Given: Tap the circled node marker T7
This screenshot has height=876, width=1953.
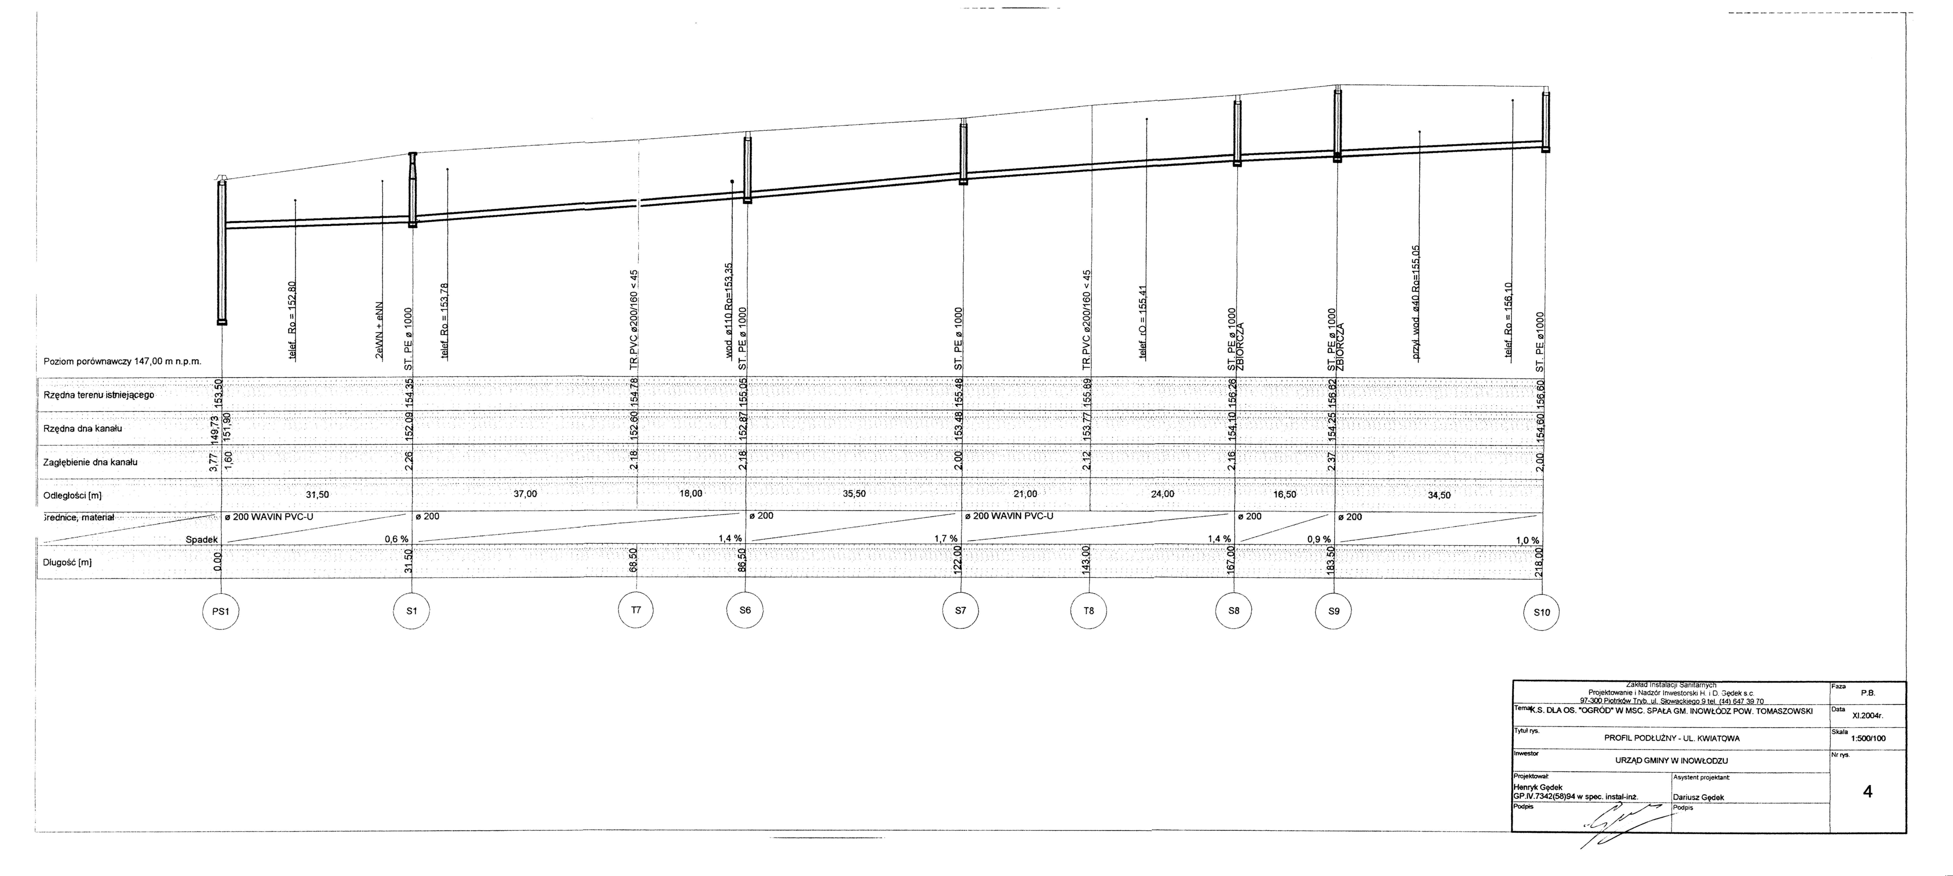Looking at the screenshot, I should point(636,610).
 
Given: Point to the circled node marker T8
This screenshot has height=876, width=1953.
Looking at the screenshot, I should point(1089,611).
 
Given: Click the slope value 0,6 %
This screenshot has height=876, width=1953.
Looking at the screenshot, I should point(396,539).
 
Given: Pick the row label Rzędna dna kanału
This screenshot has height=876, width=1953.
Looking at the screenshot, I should point(83,429).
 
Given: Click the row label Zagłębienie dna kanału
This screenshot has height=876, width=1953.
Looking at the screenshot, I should point(91,462).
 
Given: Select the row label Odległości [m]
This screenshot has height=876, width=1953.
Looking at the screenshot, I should point(73,496).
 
